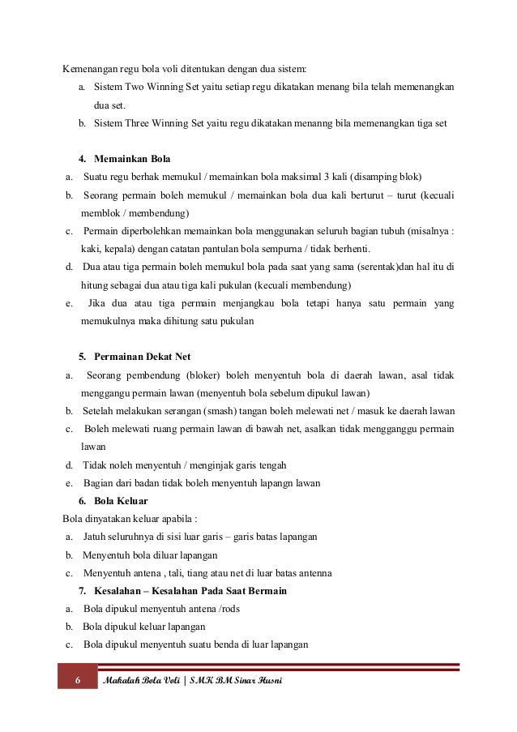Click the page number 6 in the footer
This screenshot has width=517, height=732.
[x=78, y=678]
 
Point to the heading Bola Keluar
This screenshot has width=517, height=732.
[x=121, y=501]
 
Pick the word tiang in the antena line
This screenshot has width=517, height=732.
[x=199, y=573]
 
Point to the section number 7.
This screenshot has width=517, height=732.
[x=83, y=590]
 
